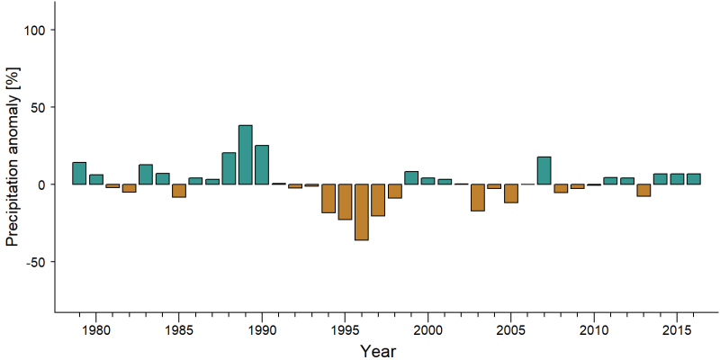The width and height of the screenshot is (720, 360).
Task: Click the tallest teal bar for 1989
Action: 245,155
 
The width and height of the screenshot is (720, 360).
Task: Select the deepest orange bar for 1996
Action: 362,212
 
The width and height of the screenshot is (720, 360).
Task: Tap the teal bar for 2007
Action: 544,170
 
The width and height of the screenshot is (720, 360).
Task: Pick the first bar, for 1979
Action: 79,173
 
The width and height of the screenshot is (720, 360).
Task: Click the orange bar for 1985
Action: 179,191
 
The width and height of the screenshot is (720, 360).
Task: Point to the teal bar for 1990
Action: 262,165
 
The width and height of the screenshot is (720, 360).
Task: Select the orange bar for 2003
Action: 478,197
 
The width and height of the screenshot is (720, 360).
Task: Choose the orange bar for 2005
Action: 511,193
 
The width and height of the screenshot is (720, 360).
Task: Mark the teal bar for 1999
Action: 411,177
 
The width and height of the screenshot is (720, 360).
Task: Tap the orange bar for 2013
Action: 643,190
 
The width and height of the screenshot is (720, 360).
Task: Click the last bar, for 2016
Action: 694,179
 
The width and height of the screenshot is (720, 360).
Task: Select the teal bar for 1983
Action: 146,175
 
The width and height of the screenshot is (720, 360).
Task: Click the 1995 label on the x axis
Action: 345,330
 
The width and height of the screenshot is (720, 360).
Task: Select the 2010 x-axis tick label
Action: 594,330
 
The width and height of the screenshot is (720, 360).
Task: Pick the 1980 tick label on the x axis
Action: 96,330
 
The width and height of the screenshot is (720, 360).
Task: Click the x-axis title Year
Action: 378,351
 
